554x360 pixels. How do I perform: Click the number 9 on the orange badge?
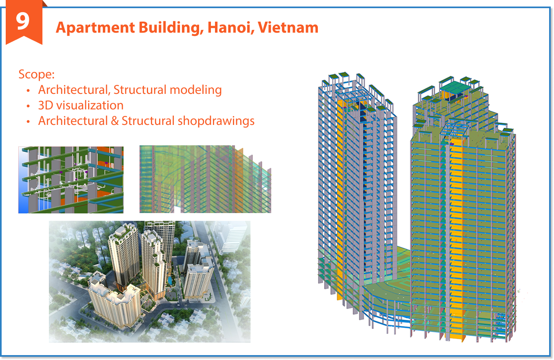tap(23, 21)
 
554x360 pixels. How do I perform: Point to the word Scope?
tap(36, 75)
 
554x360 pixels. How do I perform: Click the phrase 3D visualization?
tap(81, 105)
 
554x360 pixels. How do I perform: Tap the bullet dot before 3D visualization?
tap(28, 106)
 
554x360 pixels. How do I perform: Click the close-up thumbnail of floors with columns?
tap(71, 180)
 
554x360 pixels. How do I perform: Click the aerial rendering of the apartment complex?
tap(149, 281)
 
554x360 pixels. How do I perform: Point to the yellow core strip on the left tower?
tap(341, 204)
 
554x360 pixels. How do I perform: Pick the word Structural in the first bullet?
tap(139, 90)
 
